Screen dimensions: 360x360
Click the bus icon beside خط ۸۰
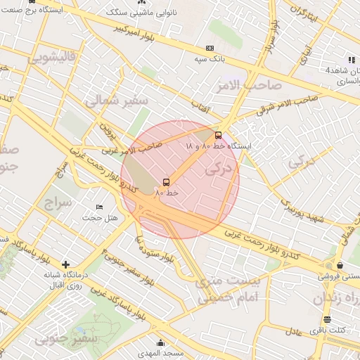pos(166,183)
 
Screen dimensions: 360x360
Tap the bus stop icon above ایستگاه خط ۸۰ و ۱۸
pos(218,135)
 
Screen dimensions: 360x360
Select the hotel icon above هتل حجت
pos(99,207)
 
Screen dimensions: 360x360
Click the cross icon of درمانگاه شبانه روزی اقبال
pos(65,265)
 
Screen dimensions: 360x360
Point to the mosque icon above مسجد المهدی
pos(160,343)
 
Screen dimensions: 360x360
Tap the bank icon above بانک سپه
pos(209,49)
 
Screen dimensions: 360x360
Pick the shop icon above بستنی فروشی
pos(340,266)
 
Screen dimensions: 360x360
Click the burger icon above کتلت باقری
pos(327,320)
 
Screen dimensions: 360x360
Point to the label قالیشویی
pos(51,58)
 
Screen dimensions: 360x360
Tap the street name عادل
pos(293,330)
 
